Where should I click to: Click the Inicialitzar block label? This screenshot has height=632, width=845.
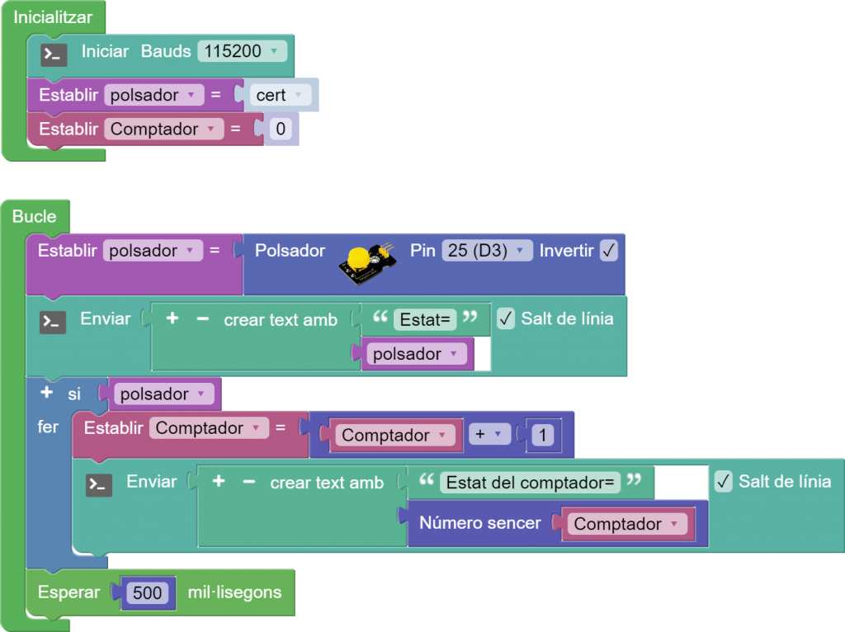point(53,17)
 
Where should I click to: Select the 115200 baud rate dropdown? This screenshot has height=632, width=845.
point(242,51)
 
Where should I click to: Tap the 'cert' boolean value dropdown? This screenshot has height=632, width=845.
point(281,96)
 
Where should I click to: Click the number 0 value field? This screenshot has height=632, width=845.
point(281,130)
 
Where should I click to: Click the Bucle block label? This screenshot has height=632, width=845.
point(35,217)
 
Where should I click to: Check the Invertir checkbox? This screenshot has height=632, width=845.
point(609,251)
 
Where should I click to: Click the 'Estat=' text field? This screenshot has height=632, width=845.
point(425,319)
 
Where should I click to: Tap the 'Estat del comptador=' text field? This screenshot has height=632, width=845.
point(531,483)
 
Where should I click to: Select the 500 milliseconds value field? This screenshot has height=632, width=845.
point(149,592)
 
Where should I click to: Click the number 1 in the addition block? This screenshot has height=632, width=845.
point(542,435)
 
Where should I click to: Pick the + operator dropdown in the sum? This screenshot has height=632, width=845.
point(489,435)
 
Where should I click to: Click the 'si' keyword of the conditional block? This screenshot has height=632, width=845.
point(74,394)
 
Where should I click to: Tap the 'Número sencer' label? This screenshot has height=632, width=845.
point(480,523)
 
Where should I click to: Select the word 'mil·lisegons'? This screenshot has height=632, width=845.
point(234,592)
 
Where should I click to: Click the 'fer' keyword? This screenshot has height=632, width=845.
point(48,427)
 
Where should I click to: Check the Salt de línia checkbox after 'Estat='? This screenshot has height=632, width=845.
point(507,318)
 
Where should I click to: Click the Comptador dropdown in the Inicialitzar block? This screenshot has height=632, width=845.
point(163,130)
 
